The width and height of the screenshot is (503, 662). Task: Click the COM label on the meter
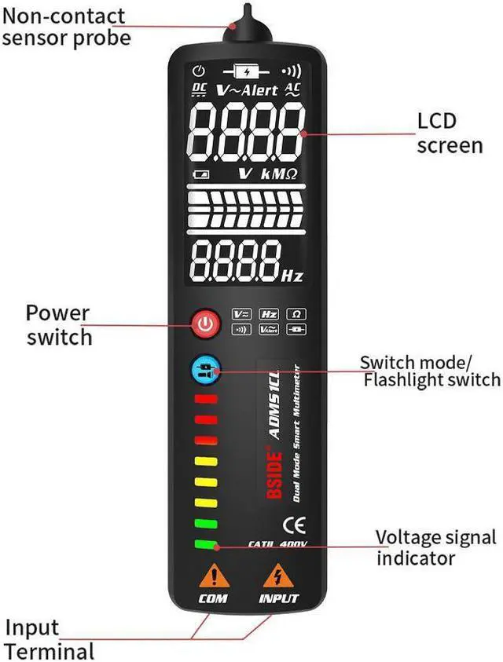click(x=213, y=598)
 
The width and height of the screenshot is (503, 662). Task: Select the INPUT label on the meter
click(x=279, y=598)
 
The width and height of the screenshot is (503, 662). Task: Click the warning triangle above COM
click(x=213, y=576)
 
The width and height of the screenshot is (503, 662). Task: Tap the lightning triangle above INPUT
click(x=276, y=576)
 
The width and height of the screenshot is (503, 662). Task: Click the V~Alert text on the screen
click(x=248, y=90)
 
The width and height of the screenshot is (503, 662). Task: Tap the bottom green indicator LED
click(x=206, y=544)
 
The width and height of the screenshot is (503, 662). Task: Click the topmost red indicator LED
click(x=206, y=399)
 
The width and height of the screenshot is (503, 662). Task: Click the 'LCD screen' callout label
click(x=449, y=133)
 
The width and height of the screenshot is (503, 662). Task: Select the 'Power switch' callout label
click(x=58, y=325)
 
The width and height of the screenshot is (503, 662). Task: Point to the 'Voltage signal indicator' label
click(x=435, y=547)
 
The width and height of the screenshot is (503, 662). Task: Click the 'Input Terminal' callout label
click(x=49, y=639)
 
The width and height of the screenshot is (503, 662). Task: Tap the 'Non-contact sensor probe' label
click(x=65, y=26)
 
